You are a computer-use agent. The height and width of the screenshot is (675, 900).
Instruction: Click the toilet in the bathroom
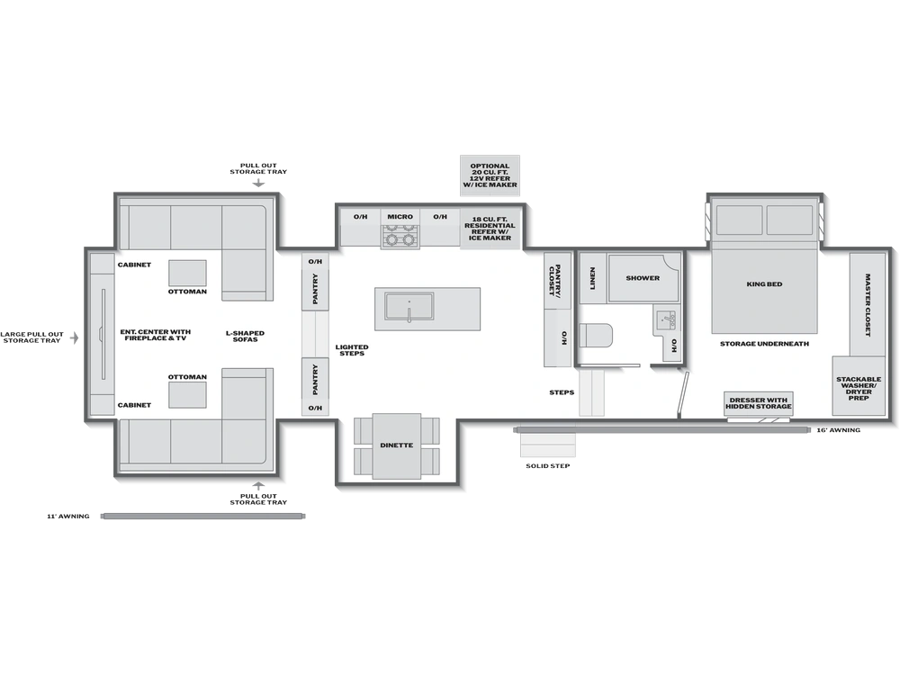click(596, 335)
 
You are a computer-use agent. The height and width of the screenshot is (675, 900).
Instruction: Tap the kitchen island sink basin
click(409, 305)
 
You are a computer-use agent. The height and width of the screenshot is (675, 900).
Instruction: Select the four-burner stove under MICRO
click(400, 237)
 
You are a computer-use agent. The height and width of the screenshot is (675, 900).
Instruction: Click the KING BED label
click(764, 284)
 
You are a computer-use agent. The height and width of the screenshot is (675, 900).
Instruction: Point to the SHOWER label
click(643, 278)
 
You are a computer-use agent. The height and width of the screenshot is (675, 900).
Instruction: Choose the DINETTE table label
click(397, 445)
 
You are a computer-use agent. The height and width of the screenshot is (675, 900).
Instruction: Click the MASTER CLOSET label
click(868, 305)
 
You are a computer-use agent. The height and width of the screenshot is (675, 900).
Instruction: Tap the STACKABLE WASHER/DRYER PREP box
click(859, 386)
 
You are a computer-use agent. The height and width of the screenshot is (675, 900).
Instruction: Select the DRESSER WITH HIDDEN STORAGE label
click(758, 403)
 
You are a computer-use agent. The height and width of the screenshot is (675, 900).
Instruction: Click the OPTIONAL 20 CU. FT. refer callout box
click(490, 175)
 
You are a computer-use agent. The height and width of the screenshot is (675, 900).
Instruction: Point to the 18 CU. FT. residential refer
click(490, 229)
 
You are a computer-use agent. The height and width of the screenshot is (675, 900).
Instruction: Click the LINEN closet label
click(592, 278)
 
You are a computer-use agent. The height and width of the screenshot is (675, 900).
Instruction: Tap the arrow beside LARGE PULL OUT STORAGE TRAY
click(74, 337)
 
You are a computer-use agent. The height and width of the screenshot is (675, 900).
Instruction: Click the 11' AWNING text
click(68, 517)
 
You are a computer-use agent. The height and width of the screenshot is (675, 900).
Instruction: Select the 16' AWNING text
click(839, 430)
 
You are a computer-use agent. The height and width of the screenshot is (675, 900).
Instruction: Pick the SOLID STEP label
click(547, 466)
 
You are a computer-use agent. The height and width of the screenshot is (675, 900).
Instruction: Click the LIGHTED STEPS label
click(352, 350)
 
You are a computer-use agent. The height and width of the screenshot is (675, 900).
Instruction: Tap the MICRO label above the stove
click(400, 217)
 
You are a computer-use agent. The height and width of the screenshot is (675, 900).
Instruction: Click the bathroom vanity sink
click(666, 321)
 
